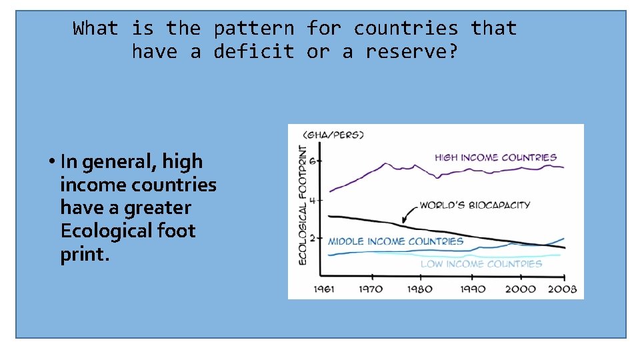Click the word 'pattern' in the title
click(253, 29)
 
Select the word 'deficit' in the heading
click(253, 51)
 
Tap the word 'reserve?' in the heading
click(412, 51)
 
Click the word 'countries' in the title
click(406, 29)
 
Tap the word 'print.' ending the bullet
click(84, 254)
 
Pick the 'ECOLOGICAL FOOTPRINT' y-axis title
click(303, 205)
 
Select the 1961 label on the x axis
click(324, 289)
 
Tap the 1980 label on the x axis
click(419, 289)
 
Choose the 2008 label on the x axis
click(562, 289)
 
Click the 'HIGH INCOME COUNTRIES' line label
click(495, 158)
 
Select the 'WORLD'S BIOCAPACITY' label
click(474, 205)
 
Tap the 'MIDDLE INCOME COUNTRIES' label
click(395, 241)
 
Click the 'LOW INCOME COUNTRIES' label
click(481, 264)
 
